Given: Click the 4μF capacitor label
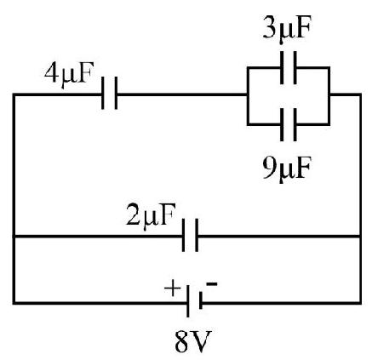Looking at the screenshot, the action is pyautogui.click(x=69, y=74).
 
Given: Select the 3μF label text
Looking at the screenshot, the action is pyautogui.click(x=287, y=29).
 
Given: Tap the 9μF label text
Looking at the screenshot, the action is pyautogui.click(x=287, y=169).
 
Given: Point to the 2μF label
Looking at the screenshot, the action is pyautogui.click(x=151, y=216).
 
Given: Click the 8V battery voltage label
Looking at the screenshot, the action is pyautogui.click(x=193, y=341).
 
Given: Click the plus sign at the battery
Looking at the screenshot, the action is pyautogui.click(x=172, y=289).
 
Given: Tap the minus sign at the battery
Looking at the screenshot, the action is pyautogui.click(x=212, y=284).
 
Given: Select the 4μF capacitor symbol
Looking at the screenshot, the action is pyautogui.click(x=110, y=93).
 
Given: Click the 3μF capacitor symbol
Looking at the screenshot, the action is pyautogui.click(x=289, y=67).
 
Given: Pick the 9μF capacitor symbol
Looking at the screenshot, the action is pyautogui.click(x=289, y=124).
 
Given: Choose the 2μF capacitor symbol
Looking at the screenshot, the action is pyautogui.click(x=190, y=235).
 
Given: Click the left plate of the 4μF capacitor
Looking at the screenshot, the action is pyautogui.click(x=103, y=93).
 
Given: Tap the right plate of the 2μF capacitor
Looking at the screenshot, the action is pyautogui.click(x=197, y=235).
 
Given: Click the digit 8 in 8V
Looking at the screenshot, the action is pyautogui.click(x=182, y=341).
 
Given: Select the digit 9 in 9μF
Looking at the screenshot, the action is pyautogui.click(x=269, y=168).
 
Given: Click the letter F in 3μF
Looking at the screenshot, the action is pyautogui.click(x=303, y=27).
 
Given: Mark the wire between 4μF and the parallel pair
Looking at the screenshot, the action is pyautogui.click(x=182, y=94).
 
